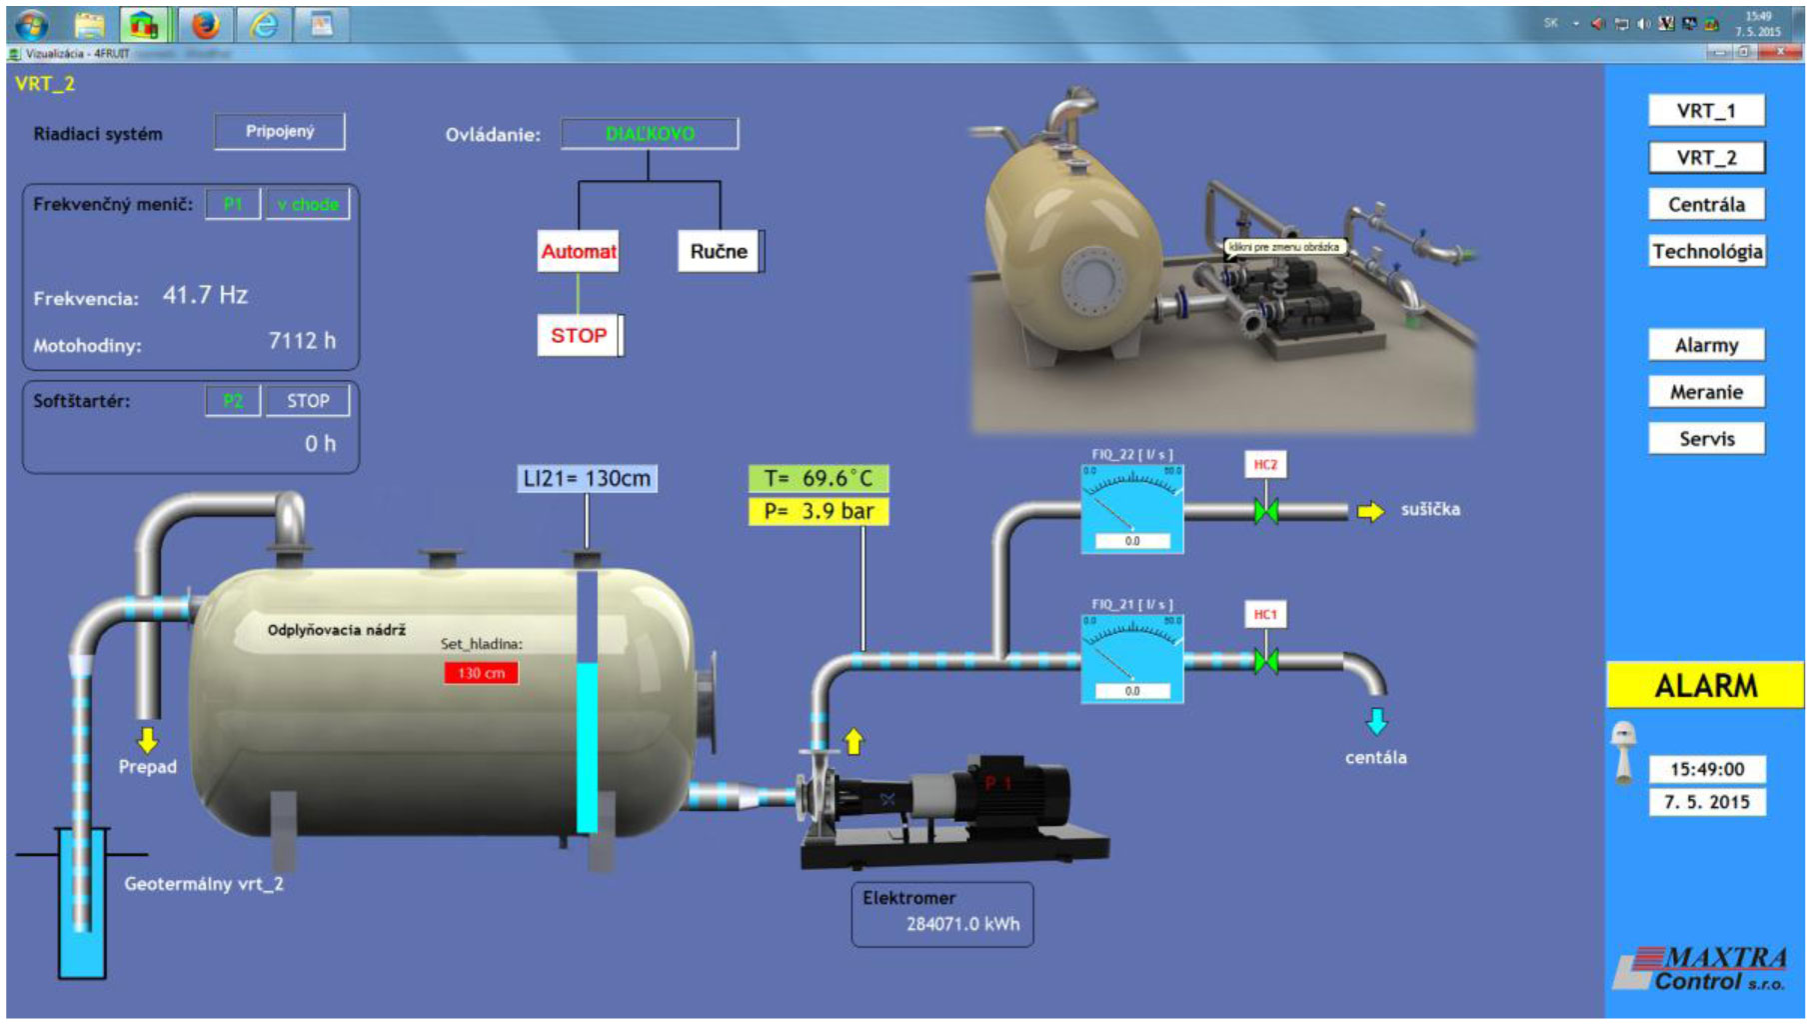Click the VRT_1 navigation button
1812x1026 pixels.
pyautogui.click(x=1705, y=110)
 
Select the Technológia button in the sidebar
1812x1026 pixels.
pyautogui.click(x=1706, y=251)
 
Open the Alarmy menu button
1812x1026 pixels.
pyautogui.click(x=1706, y=345)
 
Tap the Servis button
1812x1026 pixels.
pyautogui.click(x=1706, y=438)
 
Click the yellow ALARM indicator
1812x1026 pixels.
pyautogui.click(x=1705, y=685)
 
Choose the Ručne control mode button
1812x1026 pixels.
pyautogui.click(x=719, y=251)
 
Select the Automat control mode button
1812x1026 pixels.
pyautogui.click(x=578, y=251)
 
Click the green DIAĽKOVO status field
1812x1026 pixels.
pyautogui.click(x=650, y=134)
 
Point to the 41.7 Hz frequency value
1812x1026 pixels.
pyautogui.click(x=205, y=295)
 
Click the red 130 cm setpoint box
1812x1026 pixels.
pyautogui.click(x=481, y=673)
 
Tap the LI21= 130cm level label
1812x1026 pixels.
pyautogui.click(x=587, y=478)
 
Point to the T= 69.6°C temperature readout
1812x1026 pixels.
pyautogui.click(x=818, y=478)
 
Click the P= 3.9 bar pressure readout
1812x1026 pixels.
pyautogui.click(x=818, y=511)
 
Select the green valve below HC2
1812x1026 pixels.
pyautogui.click(x=1265, y=511)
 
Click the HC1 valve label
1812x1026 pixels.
pyautogui.click(x=1265, y=614)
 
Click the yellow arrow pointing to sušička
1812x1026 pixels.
pyautogui.click(x=1370, y=511)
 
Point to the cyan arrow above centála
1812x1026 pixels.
pyautogui.click(x=1376, y=721)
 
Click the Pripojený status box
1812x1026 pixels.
pyautogui.click(x=280, y=131)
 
